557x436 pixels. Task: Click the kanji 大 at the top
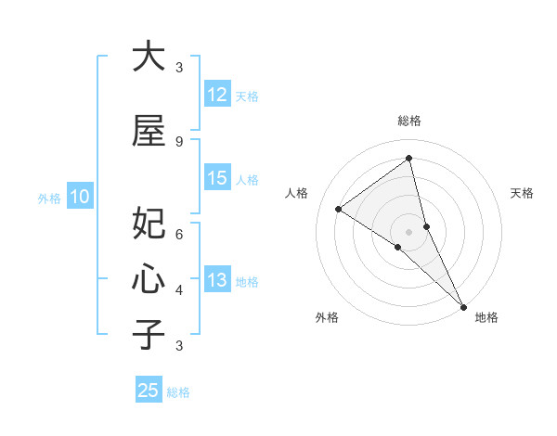pyautogui.click(x=149, y=58)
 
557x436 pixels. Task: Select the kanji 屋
pyautogui.click(x=149, y=132)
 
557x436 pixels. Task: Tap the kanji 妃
pyautogui.click(x=149, y=224)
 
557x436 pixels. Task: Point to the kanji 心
pyautogui.click(x=149, y=277)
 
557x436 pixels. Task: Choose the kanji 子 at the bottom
pyautogui.click(x=149, y=334)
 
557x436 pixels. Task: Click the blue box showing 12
pyautogui.click(x=217, y=96)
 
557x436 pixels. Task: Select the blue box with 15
pyautogui.click(x=217, y=179)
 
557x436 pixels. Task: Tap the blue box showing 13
pyautogui.click(x=217, y=281)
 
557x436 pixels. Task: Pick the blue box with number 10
pyautogui.click(x=80, y=197)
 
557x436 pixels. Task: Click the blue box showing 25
pyautogui.click(x=149, y=391)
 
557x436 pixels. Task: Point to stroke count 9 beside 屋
pyautogui.click(x=179, y=142)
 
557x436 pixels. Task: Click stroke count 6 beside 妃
pyautogui.click(x=179, y=235)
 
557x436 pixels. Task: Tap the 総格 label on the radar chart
pyautogui.click(x=408, y=121)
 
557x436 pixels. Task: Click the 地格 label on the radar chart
pyautogui.click(x=486, y=317)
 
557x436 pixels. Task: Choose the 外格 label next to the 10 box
pyautogui.click(x=49, y=198)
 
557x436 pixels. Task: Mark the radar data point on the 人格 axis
pyautogui.click(x=339, y=209)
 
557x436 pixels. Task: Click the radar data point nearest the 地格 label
pyautogui.click(x=462, y=305)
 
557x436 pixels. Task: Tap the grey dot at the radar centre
pyautogui.click(x=408, y=231)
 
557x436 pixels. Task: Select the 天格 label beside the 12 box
pyautogui.click(x=247, y=96)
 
